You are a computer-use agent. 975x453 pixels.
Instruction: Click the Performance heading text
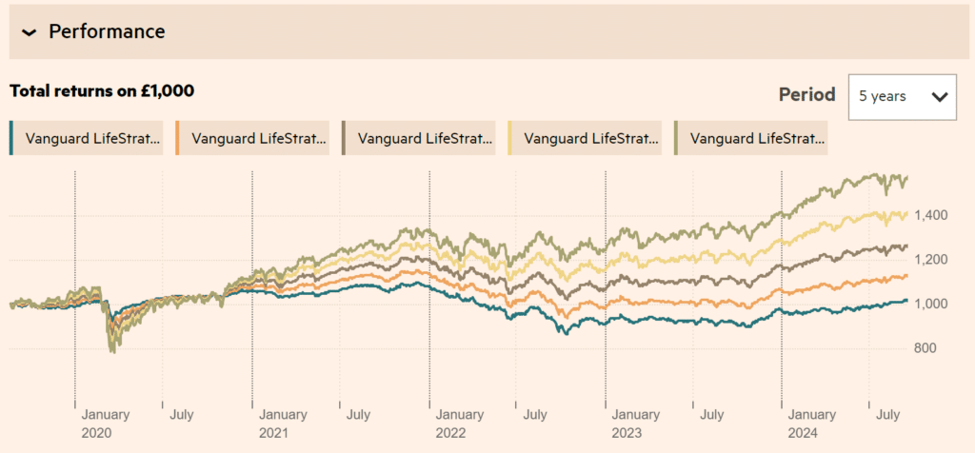tap(107, 31)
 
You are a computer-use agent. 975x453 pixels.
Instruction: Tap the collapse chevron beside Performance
tap(29, 32)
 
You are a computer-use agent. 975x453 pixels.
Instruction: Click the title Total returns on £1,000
tap(102, 91)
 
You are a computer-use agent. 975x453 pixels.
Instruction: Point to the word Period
tap(806, 95)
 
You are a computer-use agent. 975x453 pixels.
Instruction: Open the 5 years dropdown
tap(902, 96)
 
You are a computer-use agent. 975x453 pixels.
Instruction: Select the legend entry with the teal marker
tap(86, 138)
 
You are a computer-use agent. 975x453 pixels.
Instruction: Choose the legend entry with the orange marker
tap(252, 138)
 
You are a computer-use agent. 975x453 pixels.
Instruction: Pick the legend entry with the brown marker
tap(419, 138)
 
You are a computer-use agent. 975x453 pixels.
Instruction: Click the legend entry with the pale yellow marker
tap(585, 138)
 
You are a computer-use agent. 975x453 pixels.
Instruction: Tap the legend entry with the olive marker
tap(750, 138)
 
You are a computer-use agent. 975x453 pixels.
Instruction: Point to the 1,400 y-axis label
tap(931, 216)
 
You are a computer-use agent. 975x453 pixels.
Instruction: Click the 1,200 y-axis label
tap(931, 260)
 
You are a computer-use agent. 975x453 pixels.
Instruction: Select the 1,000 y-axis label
tap(931, 305)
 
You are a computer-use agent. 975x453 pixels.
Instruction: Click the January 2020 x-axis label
tap(106, 423)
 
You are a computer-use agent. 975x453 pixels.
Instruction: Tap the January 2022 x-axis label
tap(460, 423)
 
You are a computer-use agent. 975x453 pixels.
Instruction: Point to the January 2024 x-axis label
tap(814, 423)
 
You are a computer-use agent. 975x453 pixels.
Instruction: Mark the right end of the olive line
tap(907, 177)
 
